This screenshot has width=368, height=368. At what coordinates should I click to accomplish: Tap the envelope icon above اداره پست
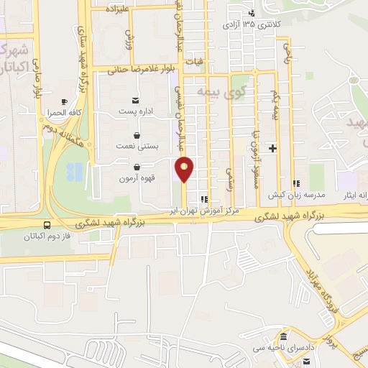pyautogui.click(x=136, y=100)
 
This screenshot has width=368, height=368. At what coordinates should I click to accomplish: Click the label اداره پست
pyautogui.click(x=136, y=112)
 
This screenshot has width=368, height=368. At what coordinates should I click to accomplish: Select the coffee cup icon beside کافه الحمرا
pyautogui.click(x=64, y=102)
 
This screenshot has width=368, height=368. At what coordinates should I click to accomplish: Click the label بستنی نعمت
pyautogui.click(x=135, y=146)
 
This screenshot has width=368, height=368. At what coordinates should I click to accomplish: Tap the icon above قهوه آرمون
pyautogui.click(x=136, y=167)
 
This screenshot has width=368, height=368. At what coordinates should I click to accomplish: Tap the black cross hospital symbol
pyautogui.click(x=272, y=149)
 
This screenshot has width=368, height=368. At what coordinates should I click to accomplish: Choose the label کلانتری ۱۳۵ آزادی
pyautogui.click(x=269, y=23)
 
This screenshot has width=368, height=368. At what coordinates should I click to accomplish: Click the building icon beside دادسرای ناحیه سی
pyautogui.click(x=283, y=337)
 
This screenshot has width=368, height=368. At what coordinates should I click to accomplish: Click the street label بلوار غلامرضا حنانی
pyautogui.click(x=143, y=70)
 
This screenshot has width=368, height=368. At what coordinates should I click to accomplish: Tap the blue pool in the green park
pyautogui.click(x=74, y=172)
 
